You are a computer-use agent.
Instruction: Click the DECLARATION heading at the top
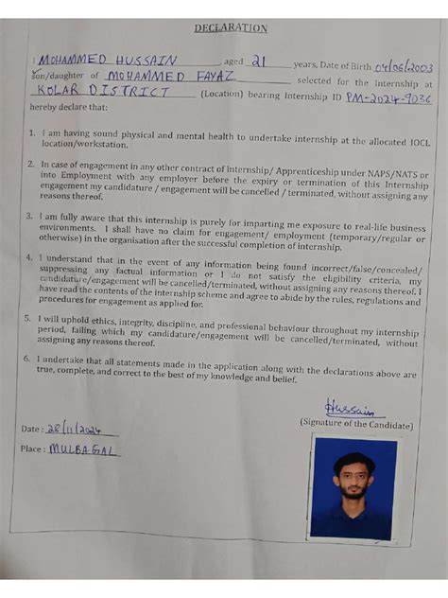click(230, 29)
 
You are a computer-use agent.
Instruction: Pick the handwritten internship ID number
click(388, 97)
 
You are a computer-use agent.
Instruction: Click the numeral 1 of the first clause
click(31, 134)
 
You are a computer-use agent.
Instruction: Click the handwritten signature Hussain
click(350, 409)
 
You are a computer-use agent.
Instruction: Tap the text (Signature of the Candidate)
click(356, 425)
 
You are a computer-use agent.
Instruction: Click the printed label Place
click(32, 449)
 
